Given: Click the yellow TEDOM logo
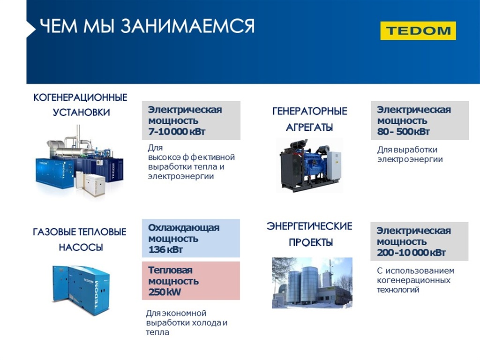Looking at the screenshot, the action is point(418,30).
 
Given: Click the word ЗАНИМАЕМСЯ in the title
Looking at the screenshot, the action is point(187,26).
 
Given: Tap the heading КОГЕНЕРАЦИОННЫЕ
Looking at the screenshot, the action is point(80,97).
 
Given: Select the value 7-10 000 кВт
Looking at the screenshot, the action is point(177,132).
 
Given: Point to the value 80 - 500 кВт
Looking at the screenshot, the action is point(403,132).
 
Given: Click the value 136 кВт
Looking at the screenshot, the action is point(165,249).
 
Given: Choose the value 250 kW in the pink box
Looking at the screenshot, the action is point(165,292).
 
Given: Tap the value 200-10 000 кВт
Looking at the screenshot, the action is point(411,253).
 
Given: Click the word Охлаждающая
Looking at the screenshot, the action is point(184,228).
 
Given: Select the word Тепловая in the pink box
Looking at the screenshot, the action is point(170,270).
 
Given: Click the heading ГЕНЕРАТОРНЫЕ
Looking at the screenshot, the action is point(310,111).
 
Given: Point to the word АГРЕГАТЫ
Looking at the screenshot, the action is point(309,127).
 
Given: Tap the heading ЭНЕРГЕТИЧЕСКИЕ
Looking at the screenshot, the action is point(309,226).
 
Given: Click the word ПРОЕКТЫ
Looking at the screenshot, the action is point(311,242).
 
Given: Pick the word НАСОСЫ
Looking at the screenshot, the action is point(81,247).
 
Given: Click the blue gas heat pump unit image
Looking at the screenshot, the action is point(81,290).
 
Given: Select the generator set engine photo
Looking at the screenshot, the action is point(309,165).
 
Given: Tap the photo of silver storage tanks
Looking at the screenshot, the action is point(312,283).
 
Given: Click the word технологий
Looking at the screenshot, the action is point(397,290).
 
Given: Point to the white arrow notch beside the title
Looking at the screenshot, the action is point(31,29).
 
